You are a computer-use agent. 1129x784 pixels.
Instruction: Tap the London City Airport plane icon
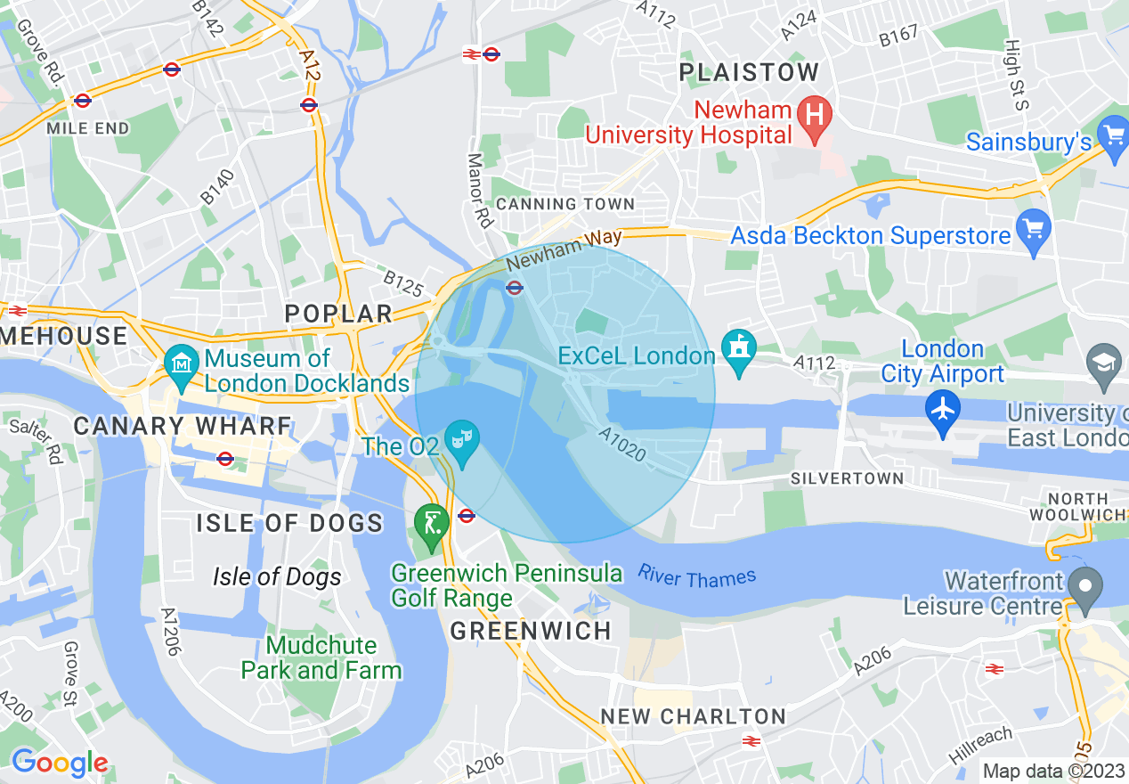(x=943, y=411)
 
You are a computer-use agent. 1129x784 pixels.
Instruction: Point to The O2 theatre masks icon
(x=462, y=440)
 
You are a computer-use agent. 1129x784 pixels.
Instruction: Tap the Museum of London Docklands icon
(x=181, y=365)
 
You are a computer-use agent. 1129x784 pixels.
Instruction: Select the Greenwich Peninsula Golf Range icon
(x=432, y=523)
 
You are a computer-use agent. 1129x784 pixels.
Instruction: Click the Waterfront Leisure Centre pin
(x=1085, y=589)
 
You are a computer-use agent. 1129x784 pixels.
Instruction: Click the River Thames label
(x=696, y=577)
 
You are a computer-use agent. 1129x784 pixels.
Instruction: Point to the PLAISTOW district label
(x=749, y=73)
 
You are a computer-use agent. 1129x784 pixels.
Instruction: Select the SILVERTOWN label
(x=847, y=478)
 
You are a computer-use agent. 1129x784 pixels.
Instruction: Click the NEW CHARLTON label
(x=693, y=716)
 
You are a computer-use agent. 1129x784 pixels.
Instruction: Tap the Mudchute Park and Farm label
(x=321, y=657)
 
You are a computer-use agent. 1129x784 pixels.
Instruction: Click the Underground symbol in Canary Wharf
(x=224, y=459)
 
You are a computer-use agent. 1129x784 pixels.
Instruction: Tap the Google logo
(x=59, y=764)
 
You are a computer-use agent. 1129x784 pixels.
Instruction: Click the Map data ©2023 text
(x=1052, y=771)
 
